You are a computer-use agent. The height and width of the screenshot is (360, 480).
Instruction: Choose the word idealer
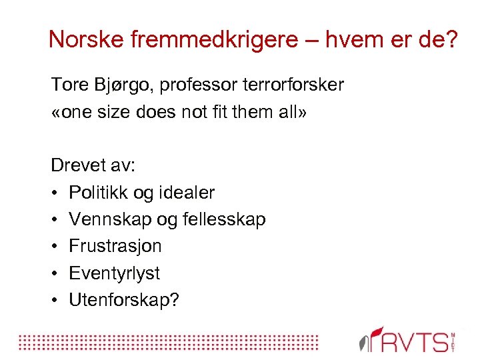(185, 193)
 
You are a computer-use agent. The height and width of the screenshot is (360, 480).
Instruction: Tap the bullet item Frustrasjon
(115, 246)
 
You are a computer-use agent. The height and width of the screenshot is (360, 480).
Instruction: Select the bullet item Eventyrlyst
(115, 273)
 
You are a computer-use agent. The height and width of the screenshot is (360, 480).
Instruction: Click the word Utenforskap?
(125, 300)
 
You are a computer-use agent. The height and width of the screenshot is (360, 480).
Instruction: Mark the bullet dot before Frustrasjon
(55, 246)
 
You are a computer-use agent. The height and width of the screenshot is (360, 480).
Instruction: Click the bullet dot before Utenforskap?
(55, 300)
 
